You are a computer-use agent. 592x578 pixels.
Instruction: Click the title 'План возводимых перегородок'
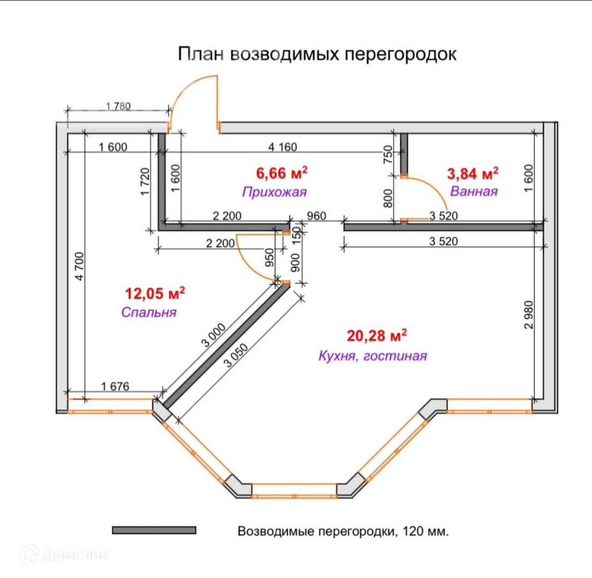coord(317,54)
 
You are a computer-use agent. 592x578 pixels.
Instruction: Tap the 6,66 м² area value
coord(282,173)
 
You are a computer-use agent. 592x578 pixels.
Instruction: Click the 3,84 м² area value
coord(473,173)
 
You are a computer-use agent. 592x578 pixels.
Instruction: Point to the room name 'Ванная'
coord(474,191)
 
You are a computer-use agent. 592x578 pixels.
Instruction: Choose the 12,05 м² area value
coord(155,293)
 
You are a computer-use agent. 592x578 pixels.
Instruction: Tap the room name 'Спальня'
coord(149,312)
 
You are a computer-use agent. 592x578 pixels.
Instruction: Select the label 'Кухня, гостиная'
coord(373,356)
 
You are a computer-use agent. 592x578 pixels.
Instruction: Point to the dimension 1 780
coord(118,106)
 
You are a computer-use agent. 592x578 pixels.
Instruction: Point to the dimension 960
coord(316,216)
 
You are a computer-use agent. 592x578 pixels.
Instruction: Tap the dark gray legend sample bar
coord(154,530)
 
